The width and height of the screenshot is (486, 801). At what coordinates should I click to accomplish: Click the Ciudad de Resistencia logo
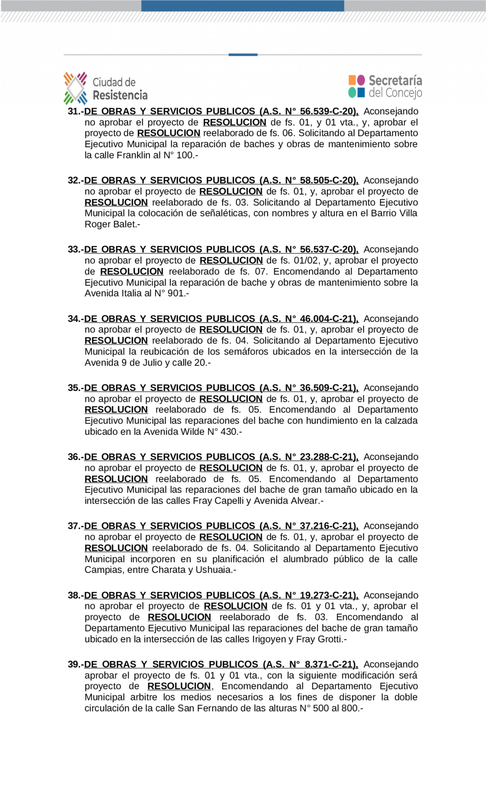(105, 88)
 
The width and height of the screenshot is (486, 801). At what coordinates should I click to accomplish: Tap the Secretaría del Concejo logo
(385, 86)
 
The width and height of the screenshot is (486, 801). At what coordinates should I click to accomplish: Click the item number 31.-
(75, 112)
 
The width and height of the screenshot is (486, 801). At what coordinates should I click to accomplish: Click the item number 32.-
(75, 180)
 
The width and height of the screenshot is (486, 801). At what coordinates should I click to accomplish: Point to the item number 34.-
(75, 319)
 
